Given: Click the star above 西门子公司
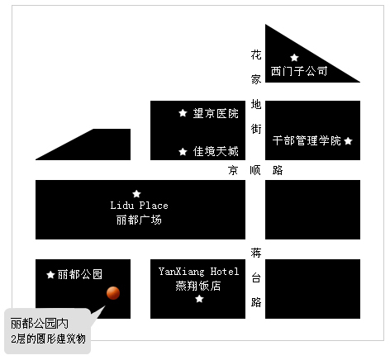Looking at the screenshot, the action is click(x=294, y=58).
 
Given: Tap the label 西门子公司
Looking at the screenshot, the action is click(x=299, y=71).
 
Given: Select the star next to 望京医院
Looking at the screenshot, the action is click(x=183, y=113).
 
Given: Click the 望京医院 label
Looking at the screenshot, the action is click(x=216, y=113).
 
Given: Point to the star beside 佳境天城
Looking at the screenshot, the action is click(x=183, y=151).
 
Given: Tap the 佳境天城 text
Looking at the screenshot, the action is click(x=216, y=151).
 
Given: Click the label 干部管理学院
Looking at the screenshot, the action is click(x=307, y=140).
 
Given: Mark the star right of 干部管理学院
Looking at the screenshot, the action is click(x=348, y=141).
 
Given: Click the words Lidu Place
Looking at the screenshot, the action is click(x=139, y=206).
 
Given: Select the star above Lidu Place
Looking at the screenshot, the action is click(x=136, y=194).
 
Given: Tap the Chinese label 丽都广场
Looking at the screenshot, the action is click(x=139, y=220).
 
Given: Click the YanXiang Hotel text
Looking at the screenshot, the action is click(x=198, y=272).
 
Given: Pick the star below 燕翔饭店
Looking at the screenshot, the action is click(x=199, y=299).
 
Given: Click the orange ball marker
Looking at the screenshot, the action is click(x=113, y=293).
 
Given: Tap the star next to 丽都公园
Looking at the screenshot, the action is click(x=50, y=274).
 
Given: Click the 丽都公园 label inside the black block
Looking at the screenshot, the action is click(x=80, y=274).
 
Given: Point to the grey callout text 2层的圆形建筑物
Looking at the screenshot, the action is click(x=48, y=339).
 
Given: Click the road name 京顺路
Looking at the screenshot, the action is click(x=255, y=170).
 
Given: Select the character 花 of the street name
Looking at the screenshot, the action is click(x=256, y=54).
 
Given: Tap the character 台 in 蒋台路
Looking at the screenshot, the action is click(x=256, y=277).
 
